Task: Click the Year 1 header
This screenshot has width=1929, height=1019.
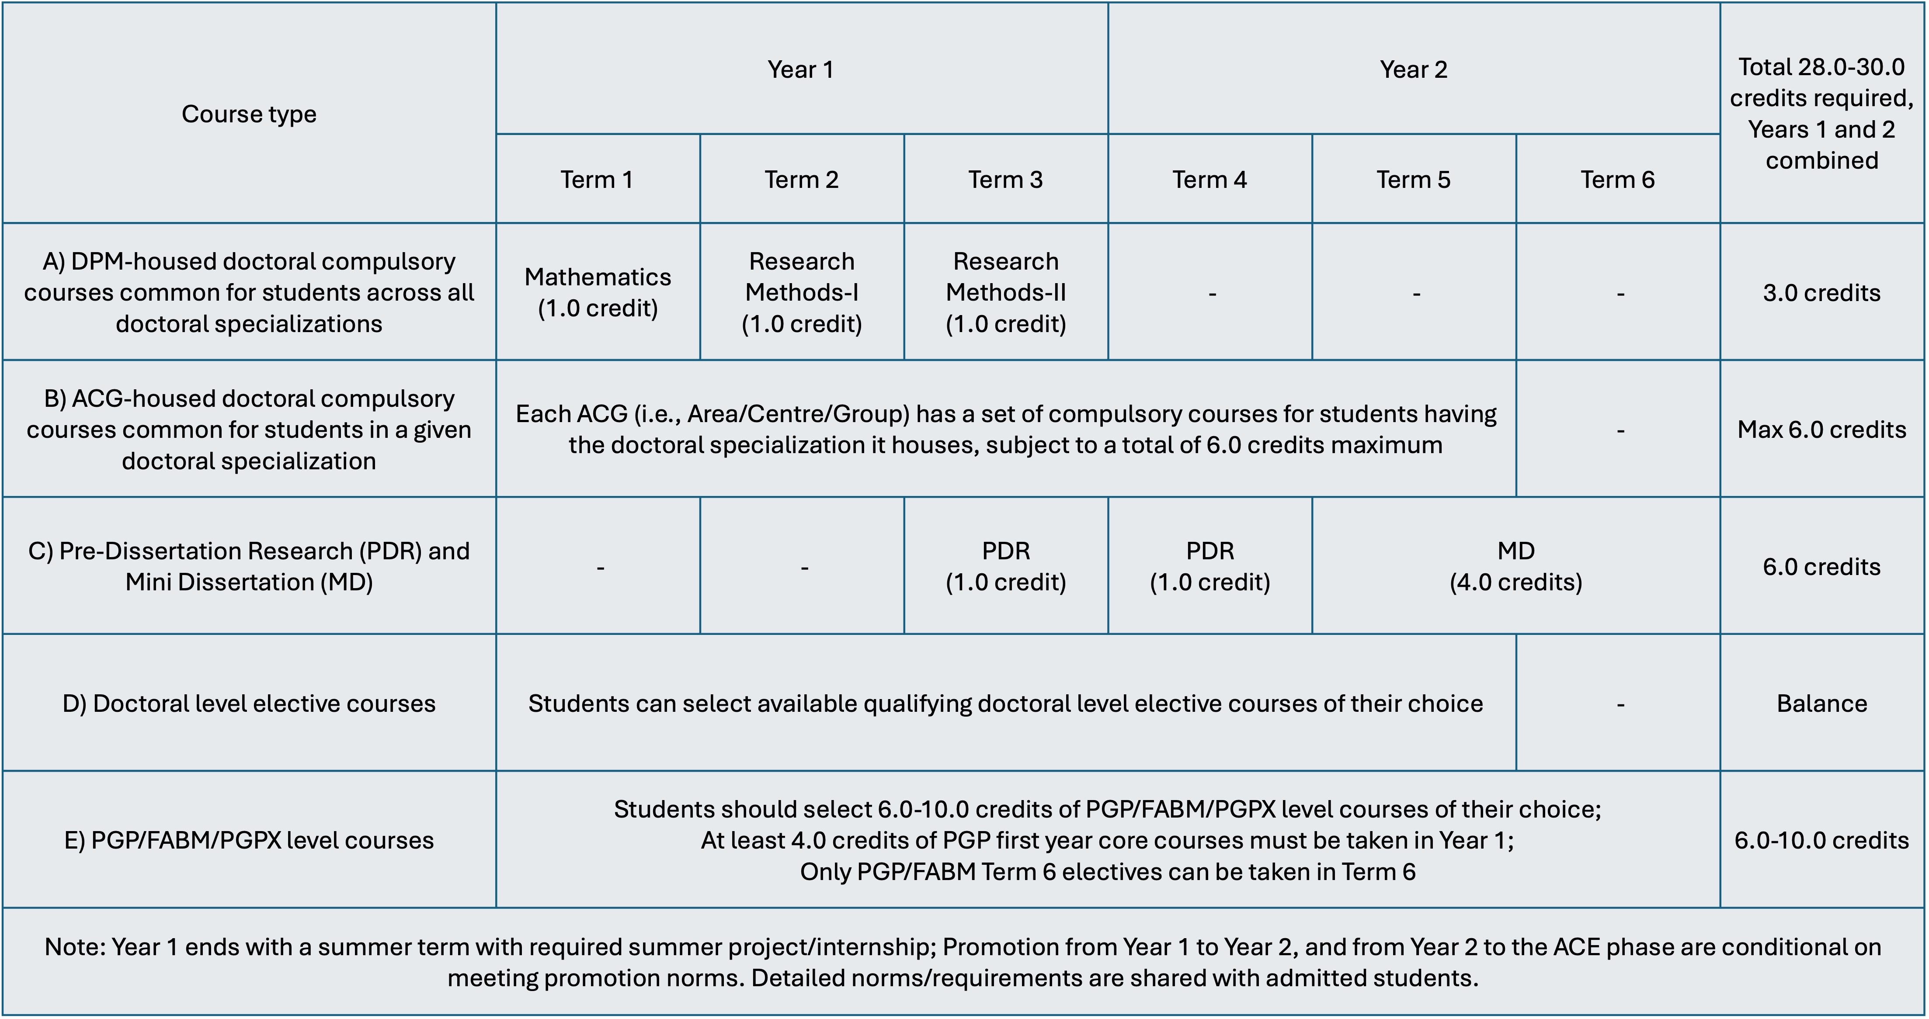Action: pyautogui.click(x=800, y=69)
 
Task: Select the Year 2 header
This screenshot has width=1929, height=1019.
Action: pyautogui.click(x=1413, y=69)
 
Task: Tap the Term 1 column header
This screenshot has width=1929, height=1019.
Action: pyautogui.click(x=597, y=180)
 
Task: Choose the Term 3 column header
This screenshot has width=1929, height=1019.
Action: pyautogui.click(x=1005, y=180)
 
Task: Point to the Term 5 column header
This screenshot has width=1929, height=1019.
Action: pyautogui.click(x=1413, y=180)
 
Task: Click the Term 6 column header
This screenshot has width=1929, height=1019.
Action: pyautogui.click(x=1617, y=180)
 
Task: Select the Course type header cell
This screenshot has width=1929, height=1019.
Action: pyautogui.click(x=249, y=114)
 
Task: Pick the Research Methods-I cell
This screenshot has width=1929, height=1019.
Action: pyautogui.click(x=801, y=292)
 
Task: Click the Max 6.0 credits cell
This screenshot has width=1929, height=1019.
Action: pyautogui.click(x=1821, y=430)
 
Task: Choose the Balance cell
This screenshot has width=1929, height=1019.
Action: pyautogui.click(x=1821, y=704)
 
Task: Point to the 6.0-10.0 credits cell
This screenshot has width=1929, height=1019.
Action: pyautogui.click(x=1821, y=840)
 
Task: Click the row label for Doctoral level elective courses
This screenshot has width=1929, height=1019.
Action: pyautogui.click(x=249, y=704)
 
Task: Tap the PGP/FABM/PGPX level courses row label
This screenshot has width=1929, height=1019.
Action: pyautogui.click(x=249, y=840)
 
